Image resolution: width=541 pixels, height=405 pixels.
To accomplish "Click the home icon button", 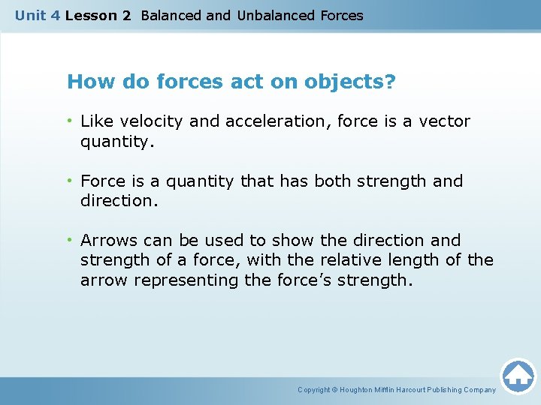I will coord(518,376).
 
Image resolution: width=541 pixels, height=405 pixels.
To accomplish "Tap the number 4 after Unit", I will coord(55,15).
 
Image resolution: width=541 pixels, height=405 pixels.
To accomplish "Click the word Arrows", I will coord(107,240).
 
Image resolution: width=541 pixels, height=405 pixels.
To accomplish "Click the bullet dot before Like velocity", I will coord(71,121).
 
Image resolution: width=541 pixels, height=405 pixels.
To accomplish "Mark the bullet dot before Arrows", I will coord(71,240).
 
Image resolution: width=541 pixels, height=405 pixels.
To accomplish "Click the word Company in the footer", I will coord(480,390).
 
